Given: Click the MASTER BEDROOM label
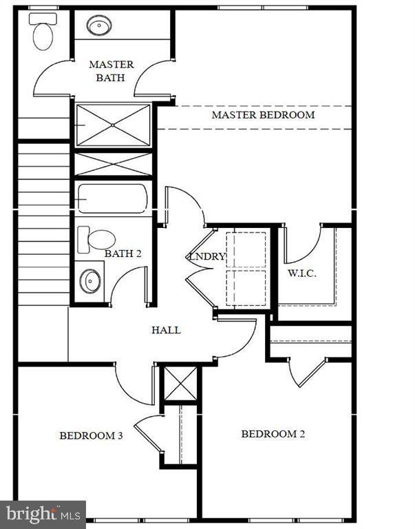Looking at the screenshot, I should (x=263, y=115).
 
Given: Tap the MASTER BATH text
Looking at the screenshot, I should (x=111, y=71).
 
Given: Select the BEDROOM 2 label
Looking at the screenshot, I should (x=273, y=434).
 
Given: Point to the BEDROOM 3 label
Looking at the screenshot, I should (x=91, y=435).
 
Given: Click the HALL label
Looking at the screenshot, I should (x=166, y=330).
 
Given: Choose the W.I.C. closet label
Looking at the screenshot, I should (x=301, y=273).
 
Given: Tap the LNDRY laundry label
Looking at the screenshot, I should (x=206, y=257).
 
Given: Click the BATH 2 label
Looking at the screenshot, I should (x=123, y=253).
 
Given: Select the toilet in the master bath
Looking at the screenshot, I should (x=42, y=32).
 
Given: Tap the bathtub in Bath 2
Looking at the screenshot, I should (x=112, y=198).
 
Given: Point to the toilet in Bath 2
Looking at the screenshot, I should (x=97, y=239).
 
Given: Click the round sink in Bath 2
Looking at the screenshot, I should (x=90, y=281).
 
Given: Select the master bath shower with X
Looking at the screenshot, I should (x=113, y=125).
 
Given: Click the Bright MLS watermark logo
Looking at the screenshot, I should (x=43, y=514).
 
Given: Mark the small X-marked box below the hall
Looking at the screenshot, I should (x=180, y=384).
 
